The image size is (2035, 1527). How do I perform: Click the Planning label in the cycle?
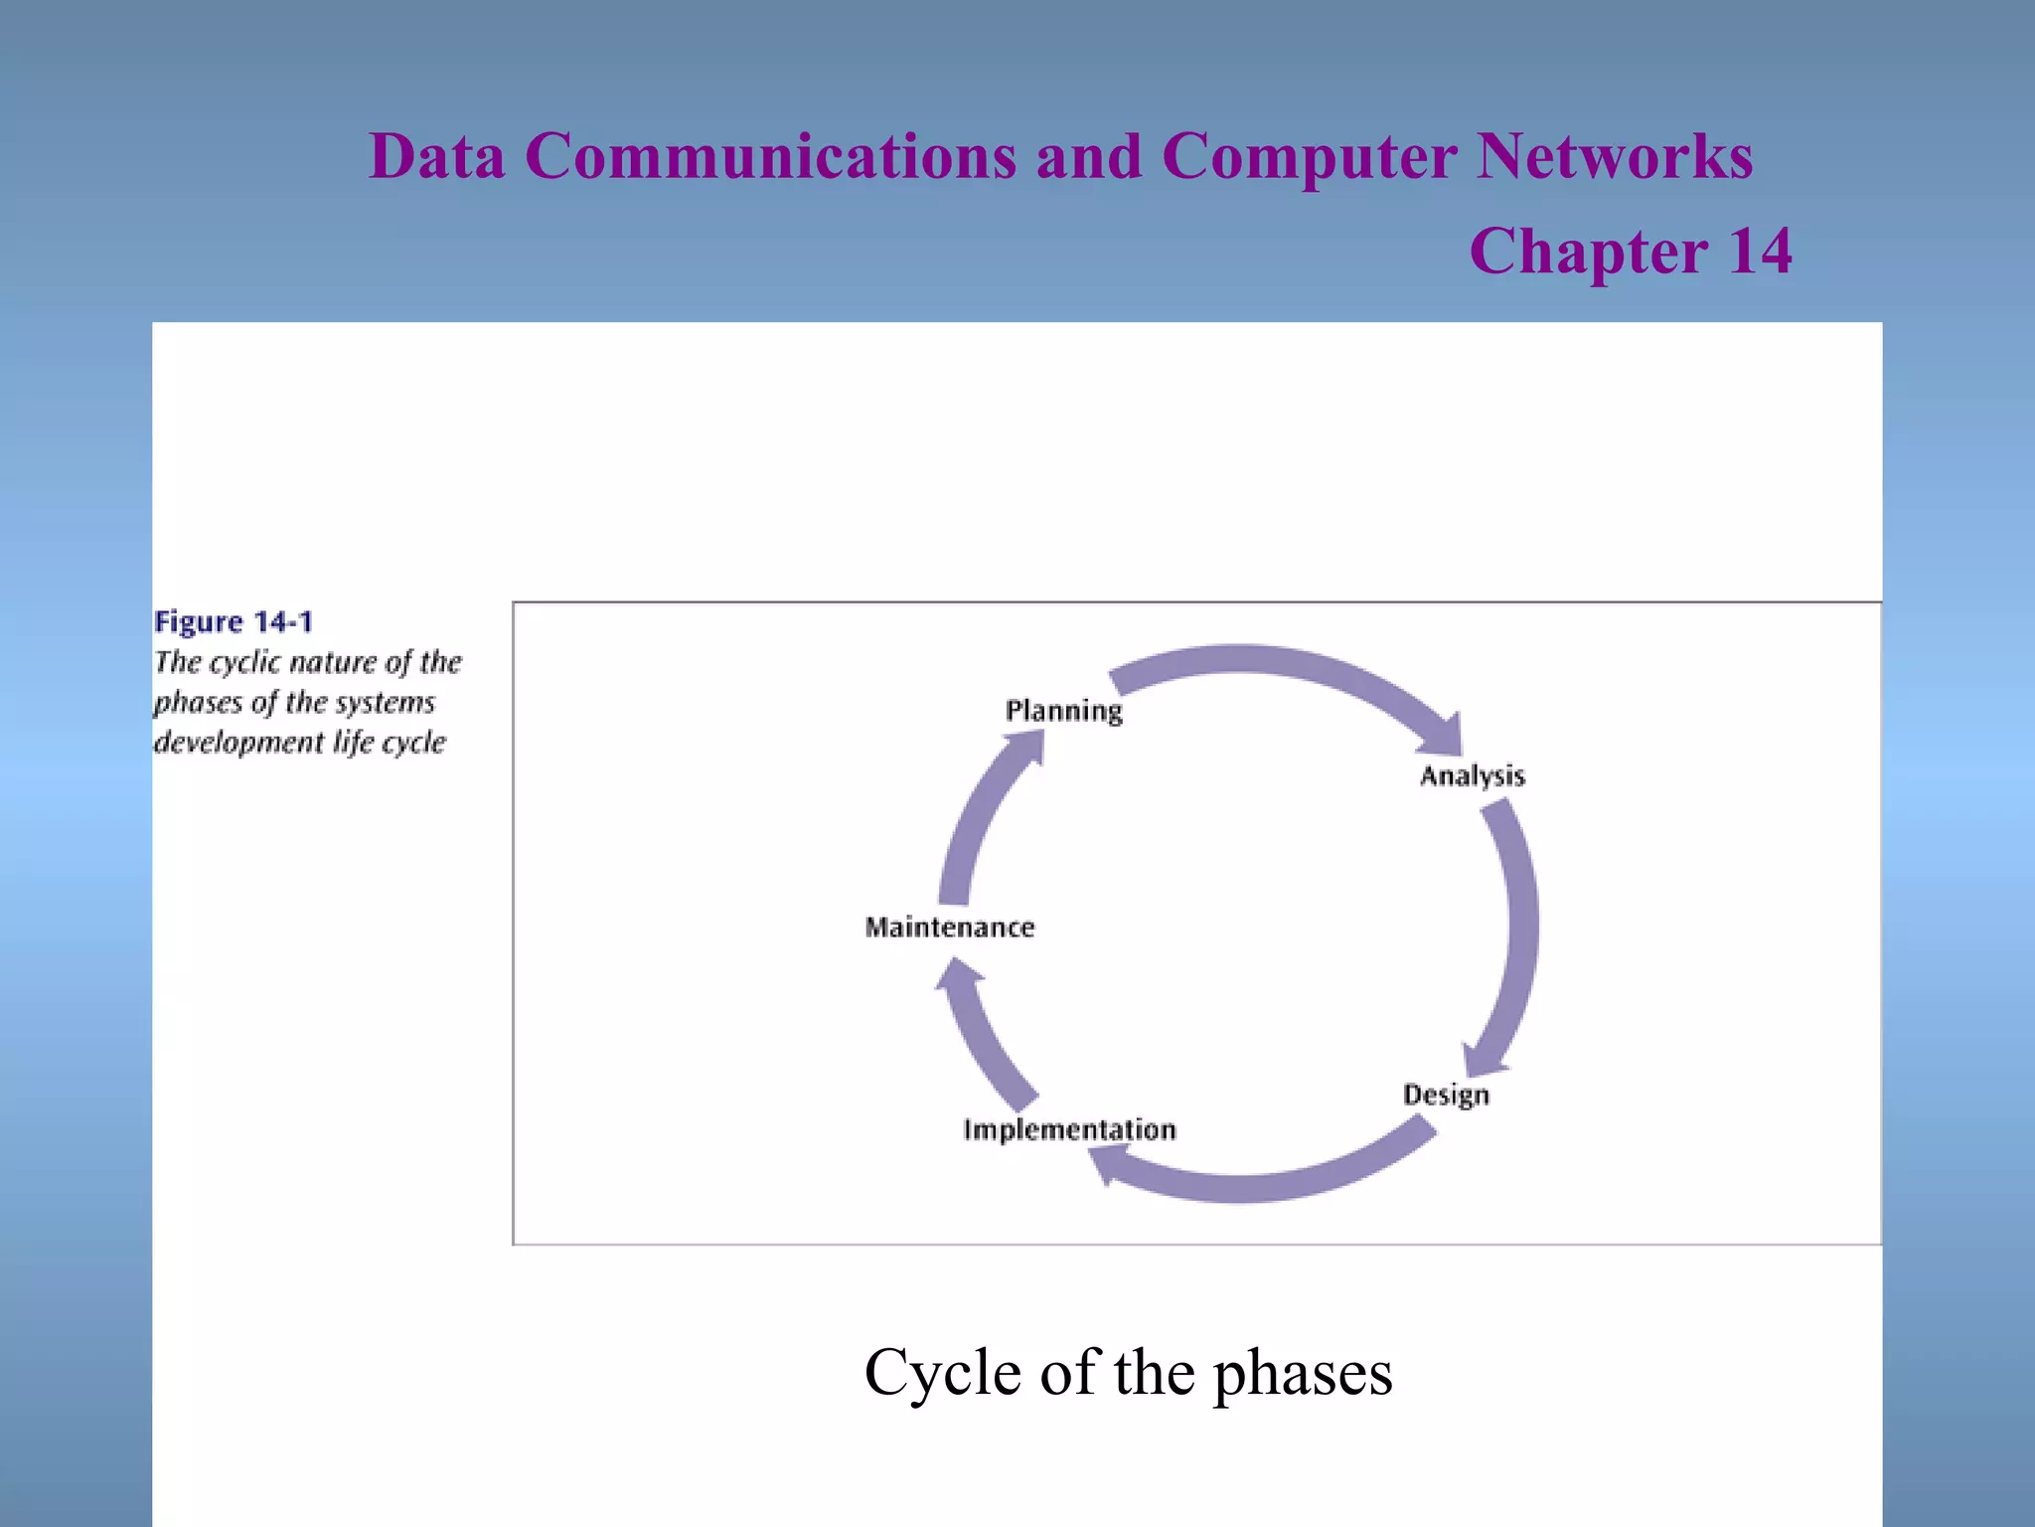[x=1063, y=711]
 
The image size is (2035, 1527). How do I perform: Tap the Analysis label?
[x=1472, y=775]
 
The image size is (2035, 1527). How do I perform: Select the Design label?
[x=1446, y=1095]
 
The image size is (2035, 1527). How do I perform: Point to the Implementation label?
[x=1069, y=1129]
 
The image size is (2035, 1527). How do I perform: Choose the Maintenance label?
[x=949, y=928]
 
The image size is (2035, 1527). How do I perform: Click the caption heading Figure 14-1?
[x=234, y=622]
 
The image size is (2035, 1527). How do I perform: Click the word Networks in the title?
[x=1615, y=157]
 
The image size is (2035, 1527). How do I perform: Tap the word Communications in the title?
[x=770, y=157]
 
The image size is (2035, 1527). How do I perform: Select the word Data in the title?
[x=436, y=157]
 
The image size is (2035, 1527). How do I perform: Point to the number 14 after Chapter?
[x=1760, y=251]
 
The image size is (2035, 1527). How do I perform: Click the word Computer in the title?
[x=1309, y=157]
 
